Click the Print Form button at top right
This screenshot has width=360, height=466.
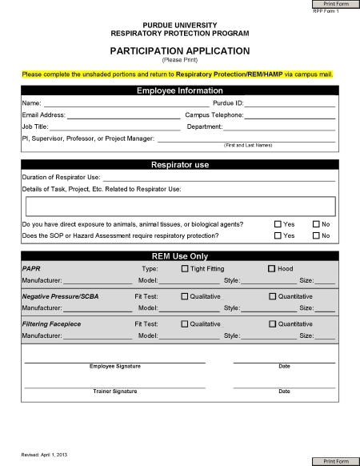tap(336, 4)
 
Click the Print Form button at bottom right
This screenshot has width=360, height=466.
tap(336, 461)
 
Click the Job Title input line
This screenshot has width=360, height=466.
tap(115, 127)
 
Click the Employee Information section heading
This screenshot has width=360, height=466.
tap(179, 90)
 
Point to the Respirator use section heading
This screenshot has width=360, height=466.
tap(179, 164)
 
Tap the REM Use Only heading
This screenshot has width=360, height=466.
tap(179, 255)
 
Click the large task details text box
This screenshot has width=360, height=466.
tap(179, 206)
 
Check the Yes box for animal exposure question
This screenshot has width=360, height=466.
tap(278, 224)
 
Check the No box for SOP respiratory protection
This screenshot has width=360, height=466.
tap(316, 235)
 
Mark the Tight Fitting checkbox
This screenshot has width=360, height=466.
tap(185, 268)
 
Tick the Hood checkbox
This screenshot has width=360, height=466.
tap(271, 268)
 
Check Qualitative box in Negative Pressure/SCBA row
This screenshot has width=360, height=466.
tap(185, 296)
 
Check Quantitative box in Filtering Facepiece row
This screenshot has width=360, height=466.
tap(271, 323)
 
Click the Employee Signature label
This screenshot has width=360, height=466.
tap(115, 366)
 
